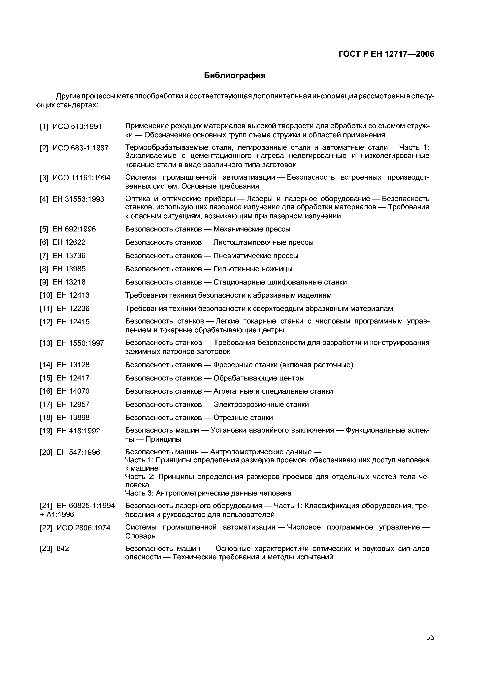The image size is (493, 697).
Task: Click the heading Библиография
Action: (x=235, y=76)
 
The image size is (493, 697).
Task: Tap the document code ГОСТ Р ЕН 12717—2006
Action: (x=386, y=54)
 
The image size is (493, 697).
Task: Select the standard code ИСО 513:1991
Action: (x=77, y=127)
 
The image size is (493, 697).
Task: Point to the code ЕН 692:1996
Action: (x=74, y=229)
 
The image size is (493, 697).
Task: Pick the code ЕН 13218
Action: (x=69, y=282)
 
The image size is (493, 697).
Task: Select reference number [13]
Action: (x=46, y=343)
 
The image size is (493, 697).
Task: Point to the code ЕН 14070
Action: (x=73, y=391)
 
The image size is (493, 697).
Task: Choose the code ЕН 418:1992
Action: (x=78, y=431)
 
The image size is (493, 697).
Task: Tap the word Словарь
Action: (x=140, y=536)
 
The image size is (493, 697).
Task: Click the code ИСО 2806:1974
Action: (x=83, y=528)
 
